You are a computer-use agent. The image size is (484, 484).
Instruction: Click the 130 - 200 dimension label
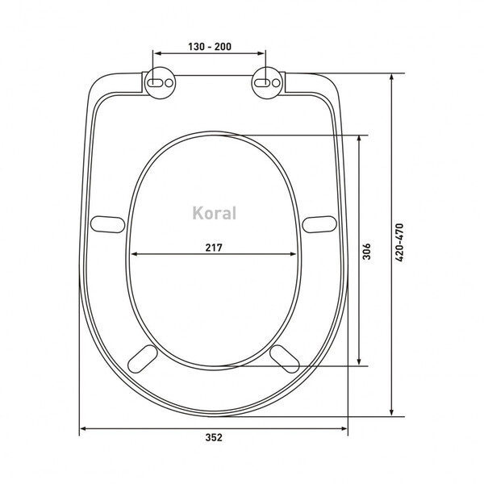(x=210, y=47)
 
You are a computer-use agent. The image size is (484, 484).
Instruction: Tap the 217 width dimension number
(x=214, y=248)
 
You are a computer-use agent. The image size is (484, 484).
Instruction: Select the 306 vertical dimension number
(x=366, y=252)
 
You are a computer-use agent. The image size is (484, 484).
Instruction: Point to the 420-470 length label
(x=399, y=243)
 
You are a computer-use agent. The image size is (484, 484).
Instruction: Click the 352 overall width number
(x=214, y=437)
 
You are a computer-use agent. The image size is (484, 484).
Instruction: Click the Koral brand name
(x=215, y=213)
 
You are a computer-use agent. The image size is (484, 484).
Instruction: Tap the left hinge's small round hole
(x=169, y=83)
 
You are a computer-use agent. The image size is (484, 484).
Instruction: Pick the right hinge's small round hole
(x=276, y=83)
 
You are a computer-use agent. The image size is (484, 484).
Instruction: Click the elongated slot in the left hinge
(x=155, y=83)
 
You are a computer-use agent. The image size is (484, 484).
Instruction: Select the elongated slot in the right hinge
(x=262, y=83)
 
